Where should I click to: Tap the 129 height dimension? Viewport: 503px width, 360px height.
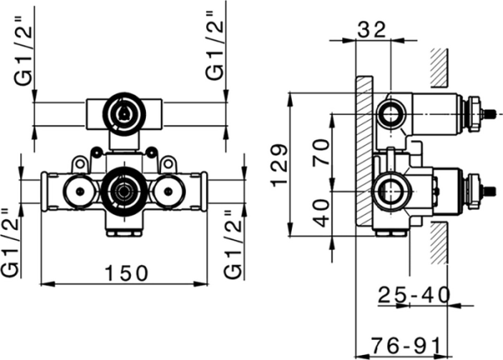click(280, 163)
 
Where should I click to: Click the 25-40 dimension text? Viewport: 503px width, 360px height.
click(412, 295)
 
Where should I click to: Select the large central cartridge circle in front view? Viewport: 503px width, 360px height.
click(123, 190)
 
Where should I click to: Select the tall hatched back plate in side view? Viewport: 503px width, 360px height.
click(364, 151)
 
